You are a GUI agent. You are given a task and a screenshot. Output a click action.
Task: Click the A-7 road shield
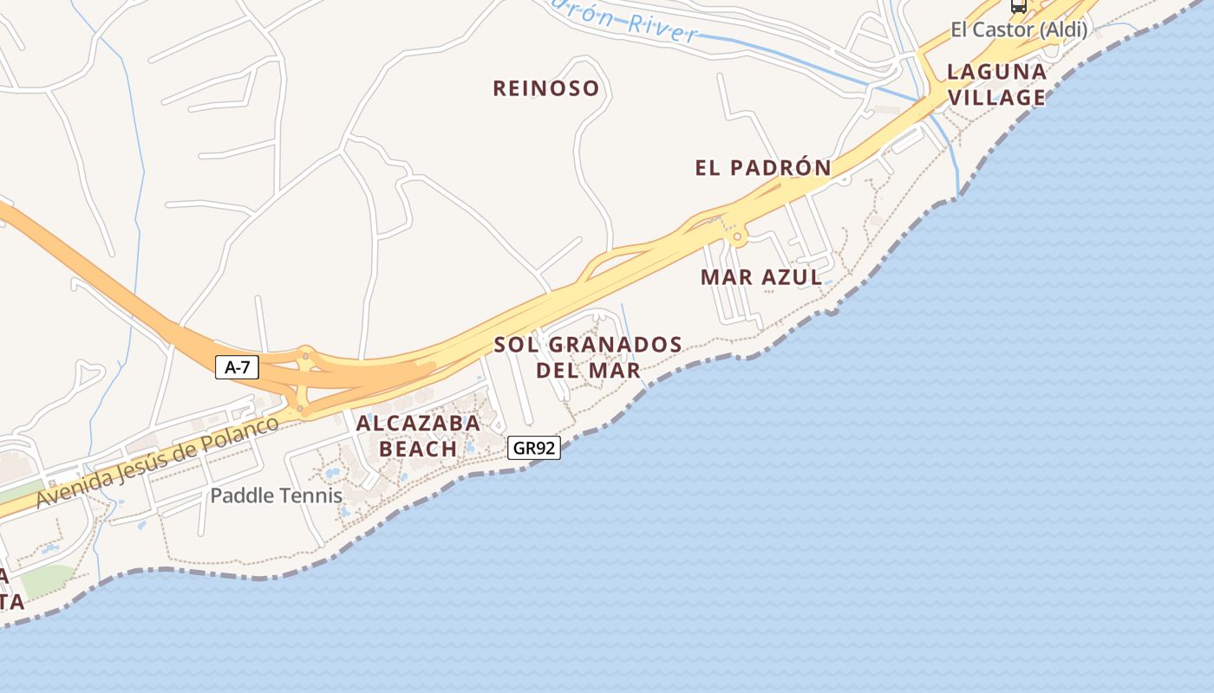coord(237,367)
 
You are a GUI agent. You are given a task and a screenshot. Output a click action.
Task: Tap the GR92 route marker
coord(534,448)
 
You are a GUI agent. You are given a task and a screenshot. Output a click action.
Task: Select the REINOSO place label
coord(546,88)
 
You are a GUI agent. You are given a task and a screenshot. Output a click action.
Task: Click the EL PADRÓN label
coord(763,168)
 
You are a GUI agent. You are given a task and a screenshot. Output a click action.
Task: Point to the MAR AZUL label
coord(761,277)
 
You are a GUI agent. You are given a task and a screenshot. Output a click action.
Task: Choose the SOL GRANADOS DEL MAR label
coord(588,357)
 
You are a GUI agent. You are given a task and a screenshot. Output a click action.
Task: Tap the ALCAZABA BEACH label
coord(418,436)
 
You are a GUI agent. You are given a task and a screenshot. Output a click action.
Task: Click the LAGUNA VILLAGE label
coord(996,84)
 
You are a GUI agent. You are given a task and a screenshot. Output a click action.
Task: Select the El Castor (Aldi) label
coord(1019,30)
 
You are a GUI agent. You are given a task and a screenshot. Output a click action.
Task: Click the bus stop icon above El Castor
coord(1019,5)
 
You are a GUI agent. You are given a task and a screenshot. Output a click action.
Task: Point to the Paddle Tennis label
coord(277,496)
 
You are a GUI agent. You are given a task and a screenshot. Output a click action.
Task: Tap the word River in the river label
coord(662,29)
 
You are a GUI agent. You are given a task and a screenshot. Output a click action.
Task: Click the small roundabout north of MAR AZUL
coord(737,236)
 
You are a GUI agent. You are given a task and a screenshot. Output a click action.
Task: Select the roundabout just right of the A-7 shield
coord(305,353)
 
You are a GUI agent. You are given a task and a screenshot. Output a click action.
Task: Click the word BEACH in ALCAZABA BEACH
coord(418,449)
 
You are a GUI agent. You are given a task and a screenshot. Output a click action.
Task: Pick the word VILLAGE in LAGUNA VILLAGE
coord(996,97)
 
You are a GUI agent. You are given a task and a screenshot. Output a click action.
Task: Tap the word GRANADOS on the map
coord(617,345)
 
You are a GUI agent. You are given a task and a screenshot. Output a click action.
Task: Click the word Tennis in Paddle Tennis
coord(314,496)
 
